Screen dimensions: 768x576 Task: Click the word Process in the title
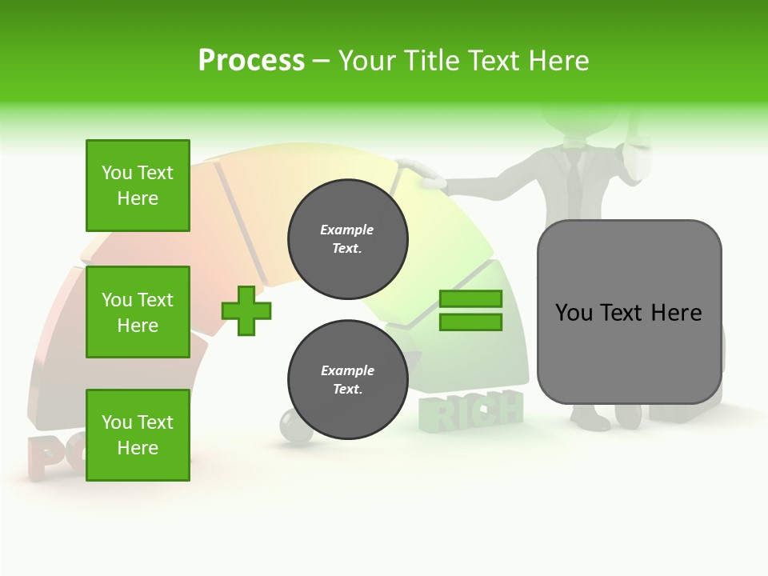pos(251,60)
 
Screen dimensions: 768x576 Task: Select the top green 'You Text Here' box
pos(138,186)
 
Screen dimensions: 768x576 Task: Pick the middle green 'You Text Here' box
pos(138,312)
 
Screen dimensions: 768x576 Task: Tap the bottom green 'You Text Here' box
pos(138,434)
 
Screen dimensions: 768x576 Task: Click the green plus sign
pos(246,310)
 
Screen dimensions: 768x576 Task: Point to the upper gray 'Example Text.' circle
pos(347,239)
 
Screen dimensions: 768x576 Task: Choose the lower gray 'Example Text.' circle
pos(347,380)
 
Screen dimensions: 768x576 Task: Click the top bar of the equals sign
pos(470,298)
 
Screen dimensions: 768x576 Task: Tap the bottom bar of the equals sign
pos(470,322)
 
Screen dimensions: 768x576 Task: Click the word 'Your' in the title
pos(366,60)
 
